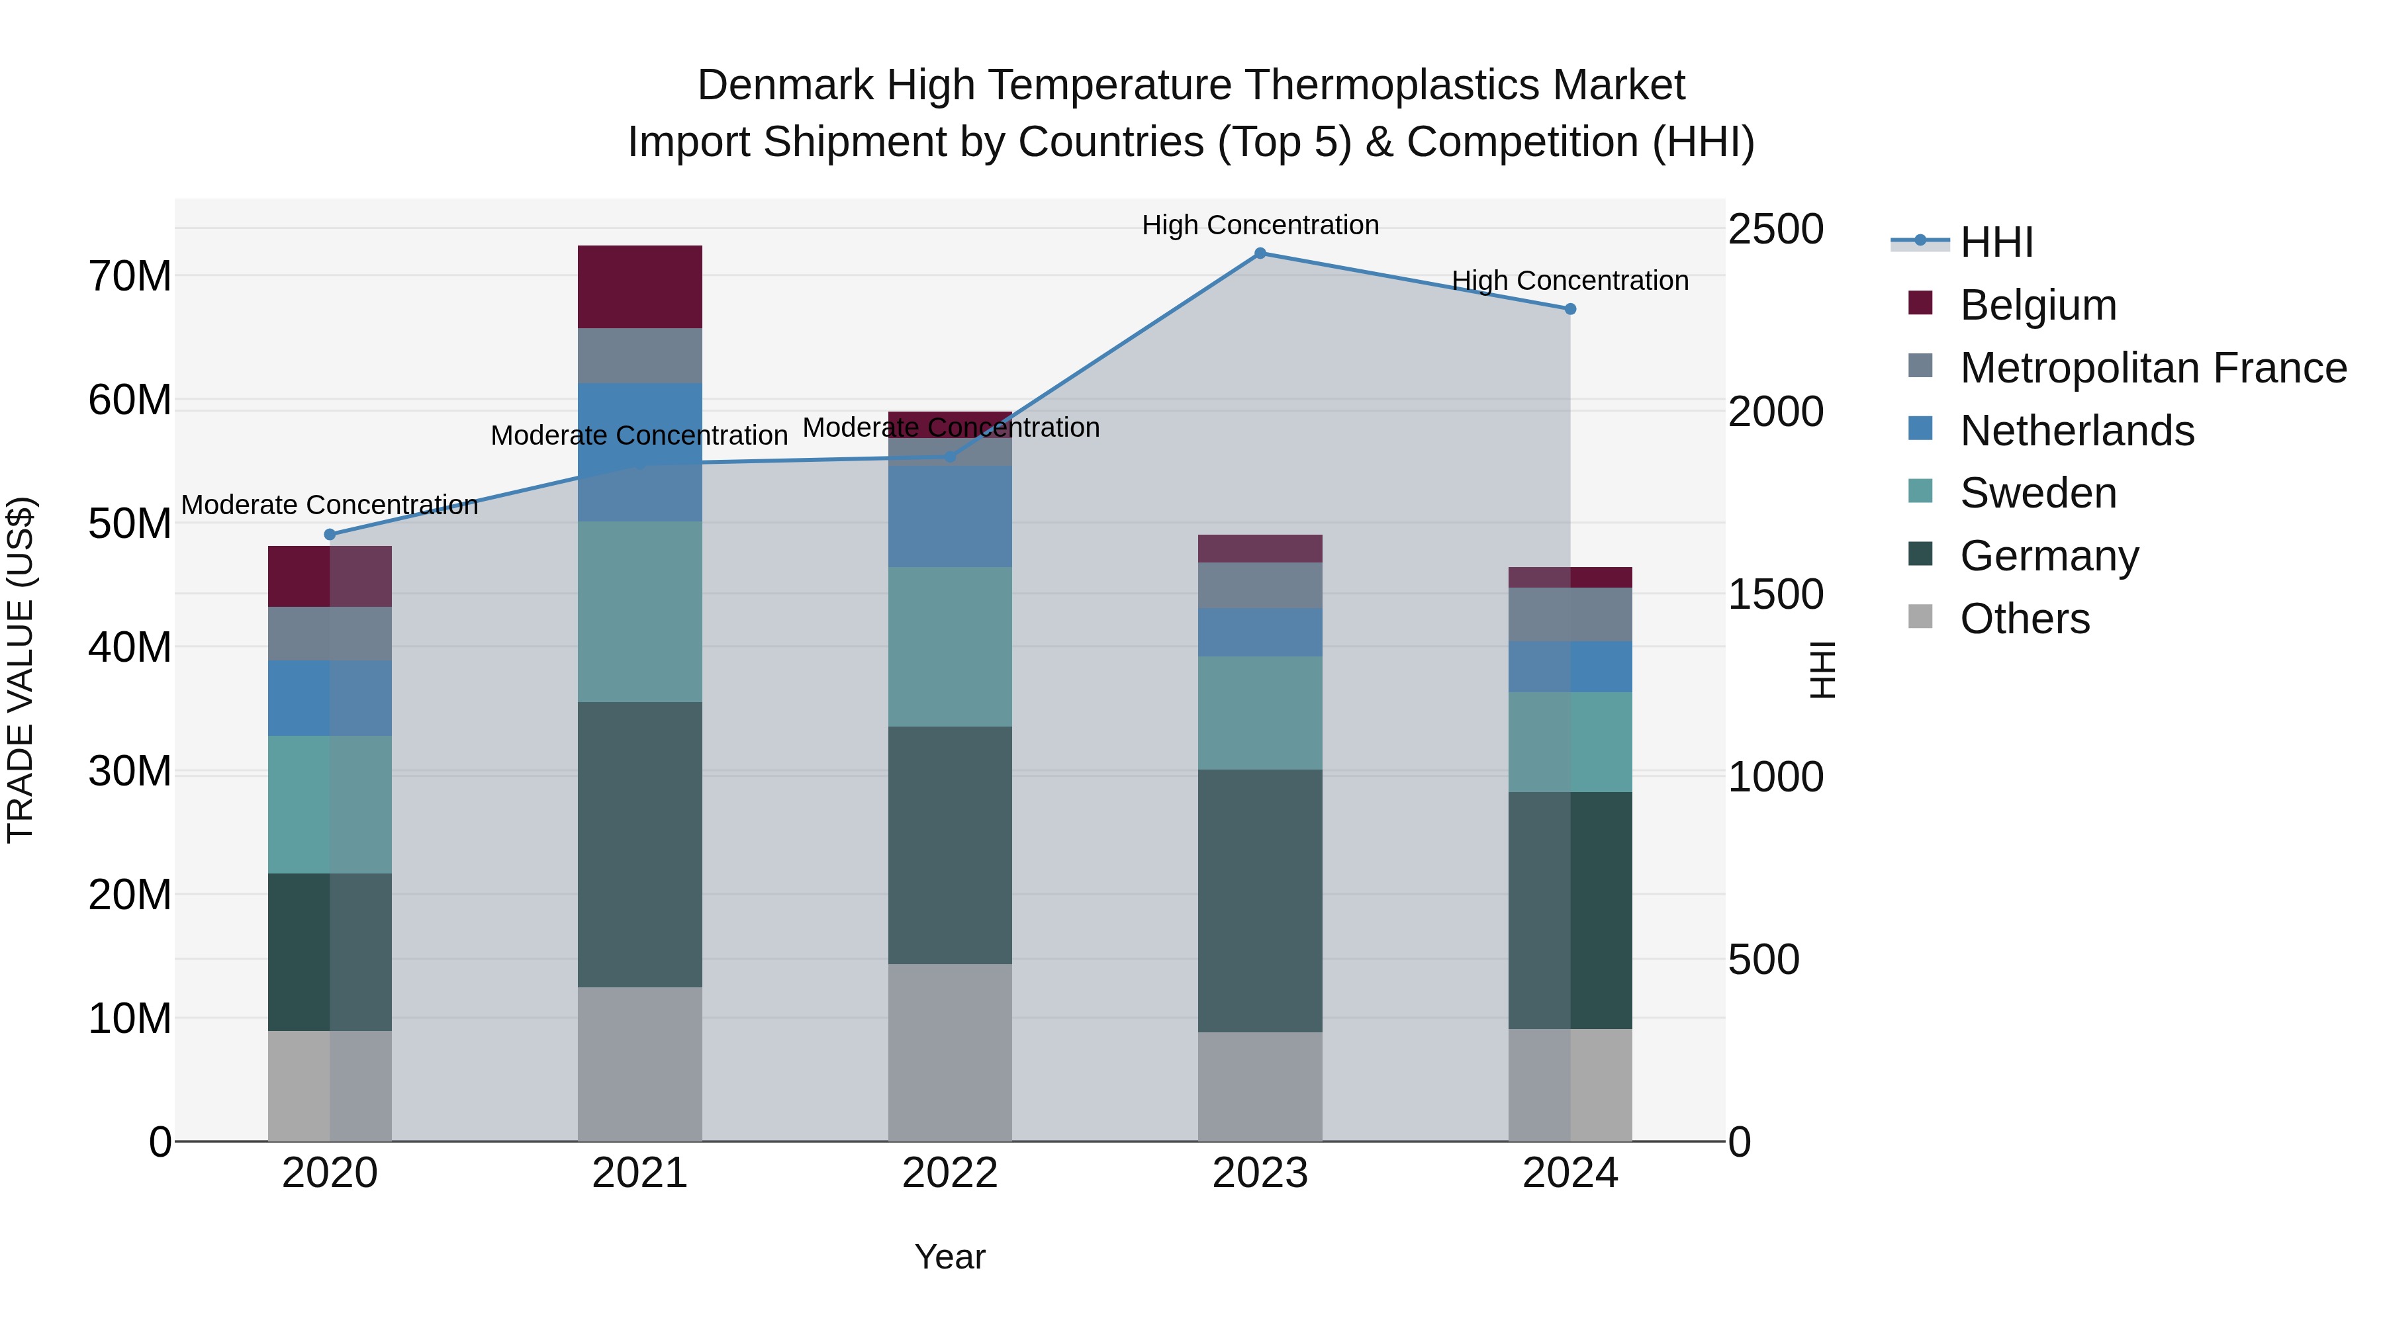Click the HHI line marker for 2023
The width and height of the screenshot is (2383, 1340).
pyautogui.click(x=1259, y=253)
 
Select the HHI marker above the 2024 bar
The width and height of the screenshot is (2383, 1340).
pyautogui.click(x=1570, y=309)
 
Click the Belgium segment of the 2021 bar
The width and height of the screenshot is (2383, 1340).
pyautogui.click(x=639, y=287)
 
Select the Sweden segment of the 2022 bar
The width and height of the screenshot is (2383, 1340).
pyautogui.click(x=949, y=647)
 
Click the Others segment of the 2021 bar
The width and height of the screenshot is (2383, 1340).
pyautogui.click(x=639, y=1063)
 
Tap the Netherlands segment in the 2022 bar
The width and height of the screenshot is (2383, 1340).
pyautogui.click(x=949, y=516)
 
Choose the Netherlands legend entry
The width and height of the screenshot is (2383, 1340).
pyautogui.click(x=2076, y=431)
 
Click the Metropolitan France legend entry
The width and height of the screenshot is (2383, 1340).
pyautogui.click(x=2152, y=368)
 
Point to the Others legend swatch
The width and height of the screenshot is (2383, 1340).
pyautogui.click(x=1920, y=617)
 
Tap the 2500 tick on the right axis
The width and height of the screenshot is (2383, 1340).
pyautogui.click(x=1775, y=230)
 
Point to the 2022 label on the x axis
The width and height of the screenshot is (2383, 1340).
pyautogui.click(x=949, y=1173)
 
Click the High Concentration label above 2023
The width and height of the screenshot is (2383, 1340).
pyautogui.click(x=1259, y=225)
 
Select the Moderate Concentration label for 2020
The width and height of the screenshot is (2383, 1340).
pyautogui.click(x=330, y=505)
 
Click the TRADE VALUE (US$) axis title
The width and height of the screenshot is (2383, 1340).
pyautogui.click(x=21, y=670)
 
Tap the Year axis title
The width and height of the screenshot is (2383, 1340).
pyautogui.click(x=949, y=1257)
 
